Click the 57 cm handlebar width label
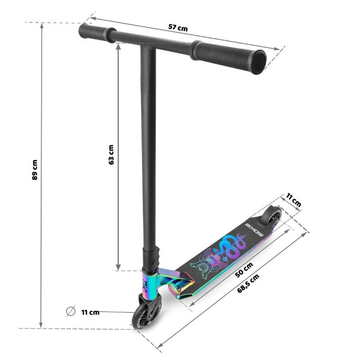pyautogui.click(x=178, y=28)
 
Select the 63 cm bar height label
pyautogui.click(x=111, y=154)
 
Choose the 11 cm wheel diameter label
pyautogui.click(x=90, y=312)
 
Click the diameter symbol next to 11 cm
pyautogui.click(x=71, y=311)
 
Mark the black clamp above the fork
pyautogui.click(x=153, y=259)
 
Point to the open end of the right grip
pyautogui.click(x=258, y=62)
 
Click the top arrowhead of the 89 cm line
pyautogui.click(x=42, y=25)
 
